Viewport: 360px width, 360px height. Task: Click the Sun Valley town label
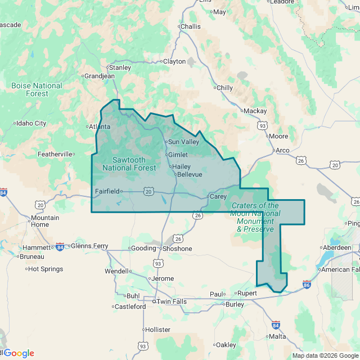point(183,142)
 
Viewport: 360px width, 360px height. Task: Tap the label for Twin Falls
point(171,301)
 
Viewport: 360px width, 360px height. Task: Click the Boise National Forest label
point(37,89)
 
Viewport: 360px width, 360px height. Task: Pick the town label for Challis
point(190,26)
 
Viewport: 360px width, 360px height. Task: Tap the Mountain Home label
point(45,221)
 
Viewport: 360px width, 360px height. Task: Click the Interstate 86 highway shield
point(307,285)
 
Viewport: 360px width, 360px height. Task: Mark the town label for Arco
point(282,150)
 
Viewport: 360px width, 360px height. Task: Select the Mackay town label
point(255,111)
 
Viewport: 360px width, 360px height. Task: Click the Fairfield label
point(107,191)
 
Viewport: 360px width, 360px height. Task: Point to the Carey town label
point(218,197)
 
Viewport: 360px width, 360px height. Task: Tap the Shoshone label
point(177,249)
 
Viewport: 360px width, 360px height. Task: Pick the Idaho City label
point(31,123)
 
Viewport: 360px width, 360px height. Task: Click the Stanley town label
point(119,67)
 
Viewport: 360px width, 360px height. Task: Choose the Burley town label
point(234,304)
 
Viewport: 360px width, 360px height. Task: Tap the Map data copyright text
point(325,355)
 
